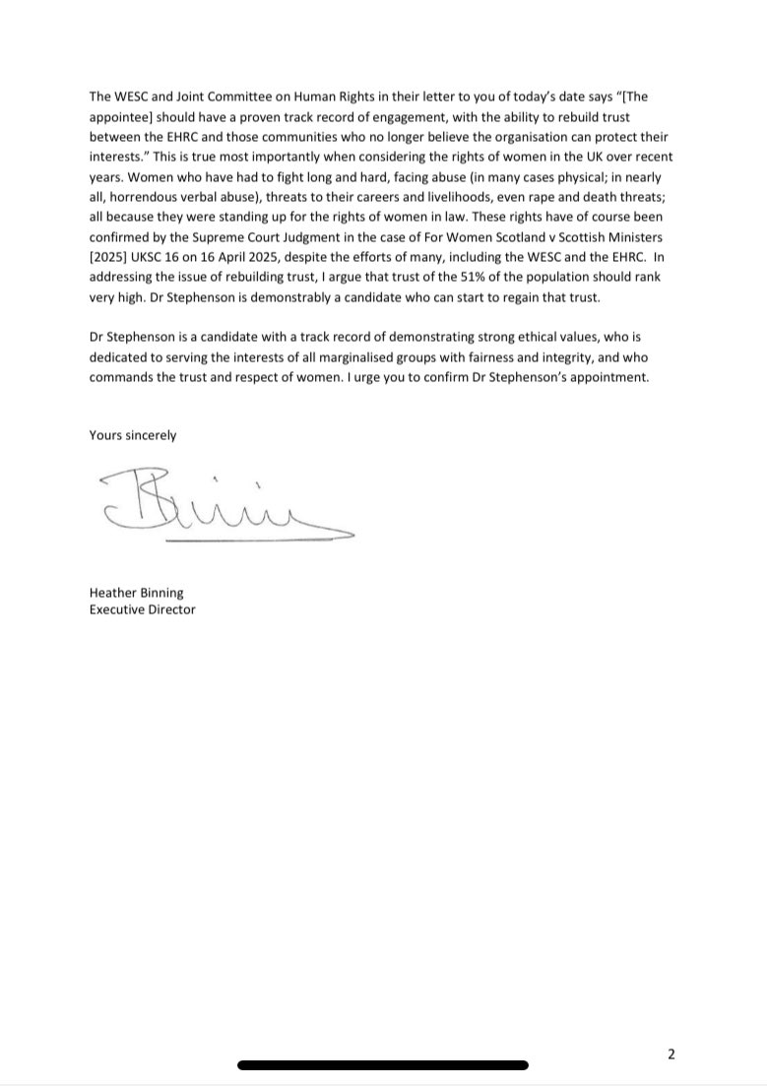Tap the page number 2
point(671,1054)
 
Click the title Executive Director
point(142,609)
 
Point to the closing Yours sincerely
point(133,435)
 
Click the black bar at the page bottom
point(383,1064)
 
